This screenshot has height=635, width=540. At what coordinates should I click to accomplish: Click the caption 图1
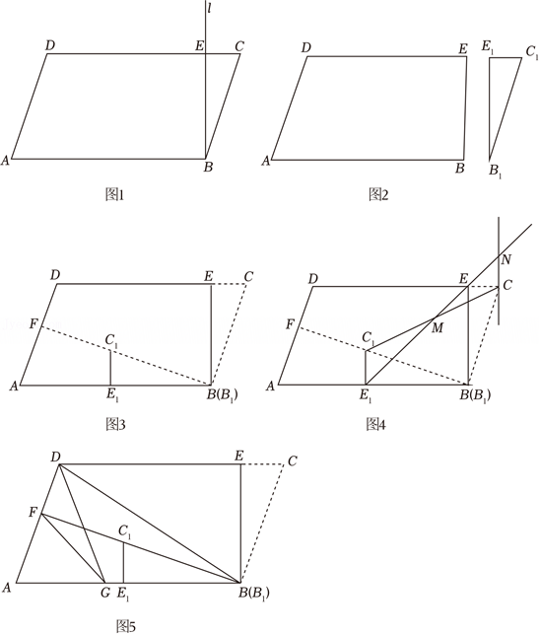point(115,195)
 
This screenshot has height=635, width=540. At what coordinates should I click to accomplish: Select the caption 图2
point(378,195)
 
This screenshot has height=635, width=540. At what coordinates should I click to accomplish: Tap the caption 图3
point(115,424)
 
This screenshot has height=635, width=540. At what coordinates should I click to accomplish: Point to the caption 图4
point(375,424)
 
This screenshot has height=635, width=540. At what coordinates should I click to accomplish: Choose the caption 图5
point(126,626)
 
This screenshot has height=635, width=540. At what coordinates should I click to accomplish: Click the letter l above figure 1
point(209,9)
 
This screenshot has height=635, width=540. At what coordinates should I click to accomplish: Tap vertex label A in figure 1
point(5,161)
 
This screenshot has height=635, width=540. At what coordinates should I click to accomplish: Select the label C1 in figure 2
point(532,52)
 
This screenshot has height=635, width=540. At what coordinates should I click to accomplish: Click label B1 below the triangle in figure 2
point(495,172)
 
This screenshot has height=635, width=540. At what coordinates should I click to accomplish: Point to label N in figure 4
point(506,259)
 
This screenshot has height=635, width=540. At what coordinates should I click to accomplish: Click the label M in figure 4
point(438,327)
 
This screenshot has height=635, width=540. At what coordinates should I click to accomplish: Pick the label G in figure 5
point(105,593)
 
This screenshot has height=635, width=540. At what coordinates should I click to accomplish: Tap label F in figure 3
point(34,324)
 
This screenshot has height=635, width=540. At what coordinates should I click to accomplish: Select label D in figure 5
point(55,457)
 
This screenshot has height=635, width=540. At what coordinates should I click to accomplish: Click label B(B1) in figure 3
point(223,394)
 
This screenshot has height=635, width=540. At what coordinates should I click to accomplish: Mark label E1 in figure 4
point(365,396)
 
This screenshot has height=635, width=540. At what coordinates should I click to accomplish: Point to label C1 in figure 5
point(125,530)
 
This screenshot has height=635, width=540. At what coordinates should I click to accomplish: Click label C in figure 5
point(293,460)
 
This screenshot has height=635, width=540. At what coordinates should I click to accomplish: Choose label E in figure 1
point(199,45)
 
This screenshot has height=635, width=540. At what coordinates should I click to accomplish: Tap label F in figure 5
point(33,513)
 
